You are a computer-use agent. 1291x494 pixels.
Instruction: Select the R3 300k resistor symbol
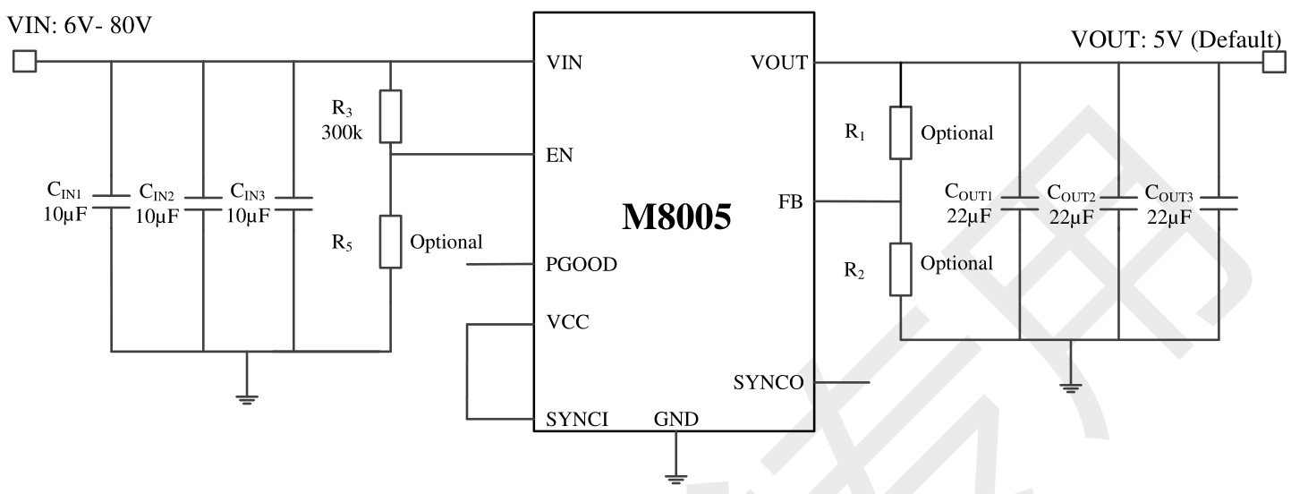click(390, 116)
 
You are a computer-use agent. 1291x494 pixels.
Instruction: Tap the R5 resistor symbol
click(390, 242)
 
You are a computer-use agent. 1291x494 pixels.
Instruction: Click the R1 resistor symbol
click(900, 133)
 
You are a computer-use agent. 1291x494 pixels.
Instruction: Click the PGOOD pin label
click(580, 265)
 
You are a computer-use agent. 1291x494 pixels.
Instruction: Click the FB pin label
click(790, 202)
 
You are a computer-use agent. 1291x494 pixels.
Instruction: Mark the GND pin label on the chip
click(675, 418)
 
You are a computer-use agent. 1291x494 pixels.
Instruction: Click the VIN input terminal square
click(24, 62)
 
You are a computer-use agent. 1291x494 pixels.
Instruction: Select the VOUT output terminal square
click(1271, 62)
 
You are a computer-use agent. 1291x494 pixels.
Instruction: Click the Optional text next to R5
click(446, 242)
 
